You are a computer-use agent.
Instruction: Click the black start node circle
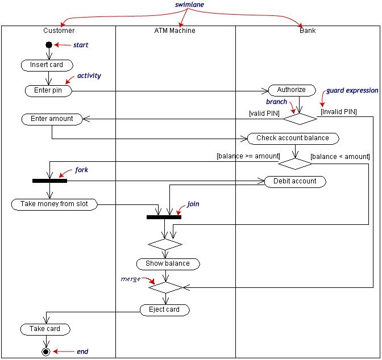49,45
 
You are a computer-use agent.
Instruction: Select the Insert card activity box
47,65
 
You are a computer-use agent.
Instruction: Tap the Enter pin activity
48,90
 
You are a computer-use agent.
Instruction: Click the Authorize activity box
291,90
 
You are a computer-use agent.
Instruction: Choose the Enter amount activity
52,119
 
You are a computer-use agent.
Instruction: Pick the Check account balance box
292,138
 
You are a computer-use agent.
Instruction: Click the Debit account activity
294,181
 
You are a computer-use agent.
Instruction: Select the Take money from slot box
54,204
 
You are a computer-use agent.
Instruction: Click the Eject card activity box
164,309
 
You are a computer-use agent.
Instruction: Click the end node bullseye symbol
46,352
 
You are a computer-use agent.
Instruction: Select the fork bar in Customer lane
49,181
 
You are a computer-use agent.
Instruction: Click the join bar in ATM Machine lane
164,217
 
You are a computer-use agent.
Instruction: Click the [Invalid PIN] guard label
338,112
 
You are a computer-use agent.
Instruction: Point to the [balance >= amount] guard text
248,156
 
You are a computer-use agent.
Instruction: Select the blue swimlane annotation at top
189,5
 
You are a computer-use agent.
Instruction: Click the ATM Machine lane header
175,30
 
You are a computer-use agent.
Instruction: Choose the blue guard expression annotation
352,90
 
